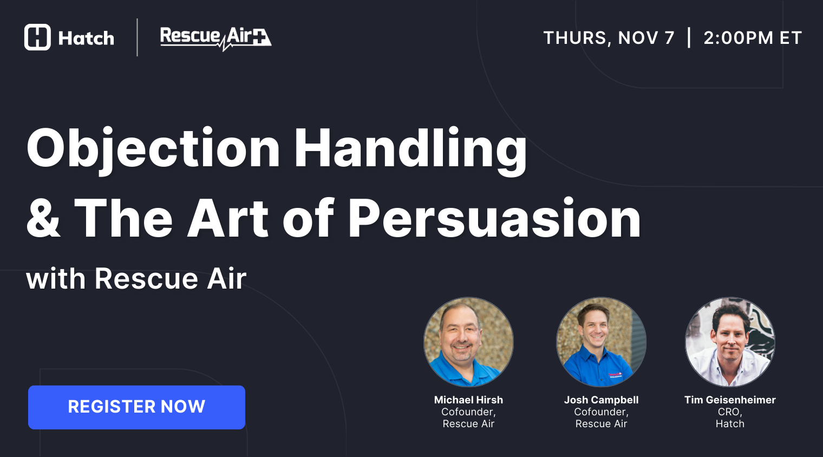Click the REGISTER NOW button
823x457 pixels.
pyautogui.click(x=136, y=407)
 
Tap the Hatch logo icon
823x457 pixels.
pyautogui.click(x=37, y=37)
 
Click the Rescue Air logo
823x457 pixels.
pyautogui.click(x=215, y=38)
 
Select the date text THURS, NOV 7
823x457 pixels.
pyautogui.click(x=609, y=38)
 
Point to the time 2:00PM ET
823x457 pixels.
pyautogui.click(x=752, y=38)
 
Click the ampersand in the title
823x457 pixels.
pyautogui.click(x=43, y=219)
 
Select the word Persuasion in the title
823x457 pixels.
pyautogui.click(x=494, y=219)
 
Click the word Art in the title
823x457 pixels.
pyautogui.click(x=228, y=219)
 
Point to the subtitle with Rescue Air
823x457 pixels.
pyautogui.click(x=136, y=279)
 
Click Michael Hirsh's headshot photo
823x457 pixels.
pyautogui.click(x=468, y=342)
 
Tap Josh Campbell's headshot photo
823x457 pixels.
pyautogui.click(x=601, y=342)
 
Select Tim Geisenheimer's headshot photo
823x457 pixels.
pyautogui.click(x=730, y=342)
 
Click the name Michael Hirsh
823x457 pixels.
pyautogui.click(x=468, y=400)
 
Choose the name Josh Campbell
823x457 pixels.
pyautogui.click(x=601, y=400)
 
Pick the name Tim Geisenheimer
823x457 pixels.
pyautogui.click(x=730, y=400)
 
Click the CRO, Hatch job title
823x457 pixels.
pyautogui.click(x=730, y=418)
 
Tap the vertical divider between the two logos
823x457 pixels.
pyautogui.click(x=138, y=37)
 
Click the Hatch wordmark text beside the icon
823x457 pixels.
pyautogui.click(x=86, y=38)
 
